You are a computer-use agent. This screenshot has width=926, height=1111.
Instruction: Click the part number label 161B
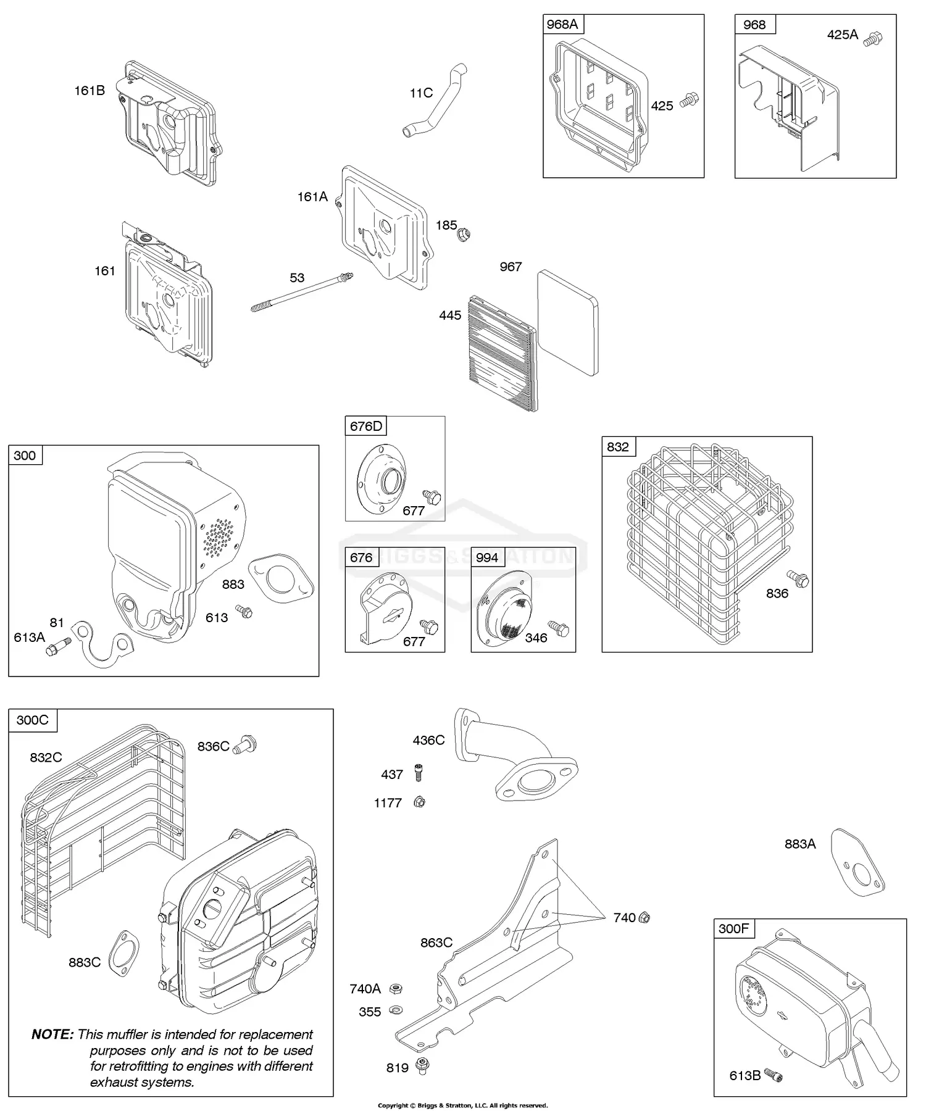[90, 91]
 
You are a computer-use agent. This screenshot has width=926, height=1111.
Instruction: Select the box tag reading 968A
[562, 25]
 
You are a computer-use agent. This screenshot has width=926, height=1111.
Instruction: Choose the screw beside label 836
[799, 580]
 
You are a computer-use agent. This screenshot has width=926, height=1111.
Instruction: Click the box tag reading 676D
[366, 426]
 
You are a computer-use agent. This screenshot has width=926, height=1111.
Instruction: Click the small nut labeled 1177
[419, 802]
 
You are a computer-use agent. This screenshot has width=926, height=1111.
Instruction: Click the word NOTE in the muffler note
[52, 1034]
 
